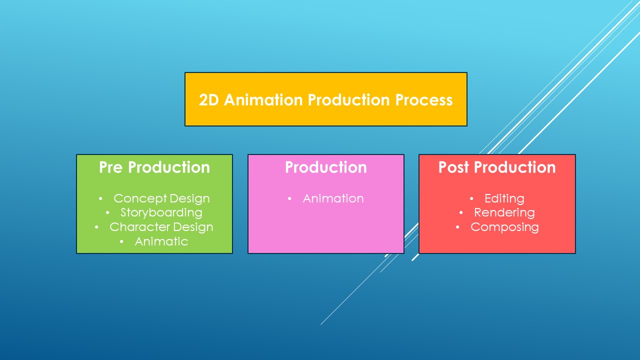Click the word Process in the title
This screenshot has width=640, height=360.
click(424, 100)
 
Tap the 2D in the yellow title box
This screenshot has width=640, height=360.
click(209, 100)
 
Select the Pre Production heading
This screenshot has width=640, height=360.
click(154, 167)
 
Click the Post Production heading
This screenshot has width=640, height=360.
click(497, 167)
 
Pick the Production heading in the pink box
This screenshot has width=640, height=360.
click(326, 167)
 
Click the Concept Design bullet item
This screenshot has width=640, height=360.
click(161, 198)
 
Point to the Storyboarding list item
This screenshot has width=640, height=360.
click(161, 212)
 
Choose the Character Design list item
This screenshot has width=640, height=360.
click(161, 227)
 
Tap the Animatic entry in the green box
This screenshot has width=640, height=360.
click(161, 241)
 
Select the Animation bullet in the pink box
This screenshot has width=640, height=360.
click(333, 198)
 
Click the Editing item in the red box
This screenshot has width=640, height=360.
click(504, 198)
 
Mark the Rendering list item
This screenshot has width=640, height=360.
click(504, 212)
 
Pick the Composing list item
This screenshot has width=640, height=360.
click(504, 227)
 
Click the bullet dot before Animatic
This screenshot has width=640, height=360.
click(122, 242)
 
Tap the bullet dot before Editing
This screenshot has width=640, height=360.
click(471, 199)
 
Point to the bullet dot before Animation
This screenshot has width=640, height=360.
click(290, 199)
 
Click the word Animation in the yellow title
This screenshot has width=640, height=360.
click(263, 100)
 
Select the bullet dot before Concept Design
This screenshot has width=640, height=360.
click(100, 199)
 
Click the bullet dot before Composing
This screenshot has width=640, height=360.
click(457, 227)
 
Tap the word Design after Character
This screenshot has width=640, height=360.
click(192, 227)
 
